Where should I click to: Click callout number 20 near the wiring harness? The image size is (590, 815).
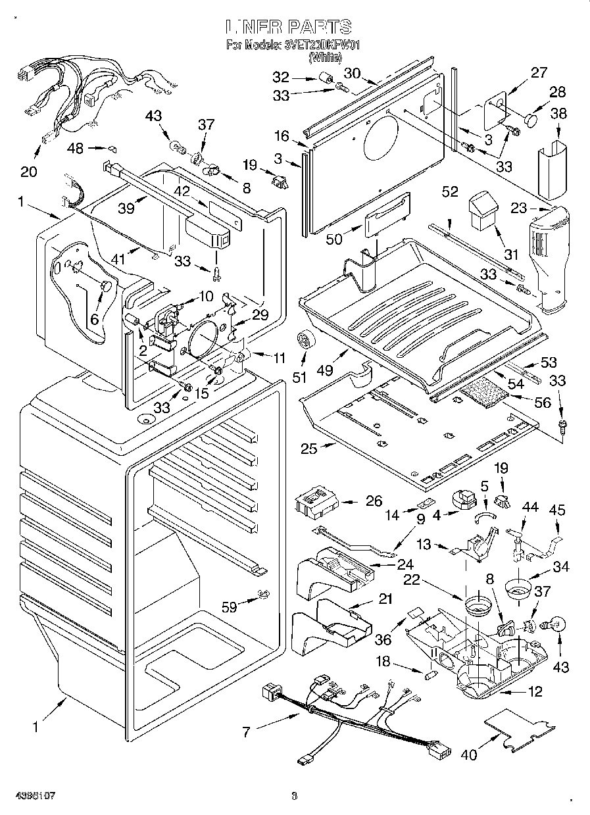click(x=28, y=172)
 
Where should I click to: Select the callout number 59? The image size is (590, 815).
click(x=230, y=607)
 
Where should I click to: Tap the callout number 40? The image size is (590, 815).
click(x=468, y=755)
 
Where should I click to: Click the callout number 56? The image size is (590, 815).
click(x=543, y=403)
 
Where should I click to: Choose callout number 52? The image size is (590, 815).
click(x=450, y=191)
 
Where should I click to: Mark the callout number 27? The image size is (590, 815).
click(x=539, y=72)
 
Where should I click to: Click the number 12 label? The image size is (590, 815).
click(x=535, y=691)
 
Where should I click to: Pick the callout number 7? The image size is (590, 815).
click(x=247, y=731)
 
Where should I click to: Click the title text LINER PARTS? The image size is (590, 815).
click(x=289, y=27)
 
